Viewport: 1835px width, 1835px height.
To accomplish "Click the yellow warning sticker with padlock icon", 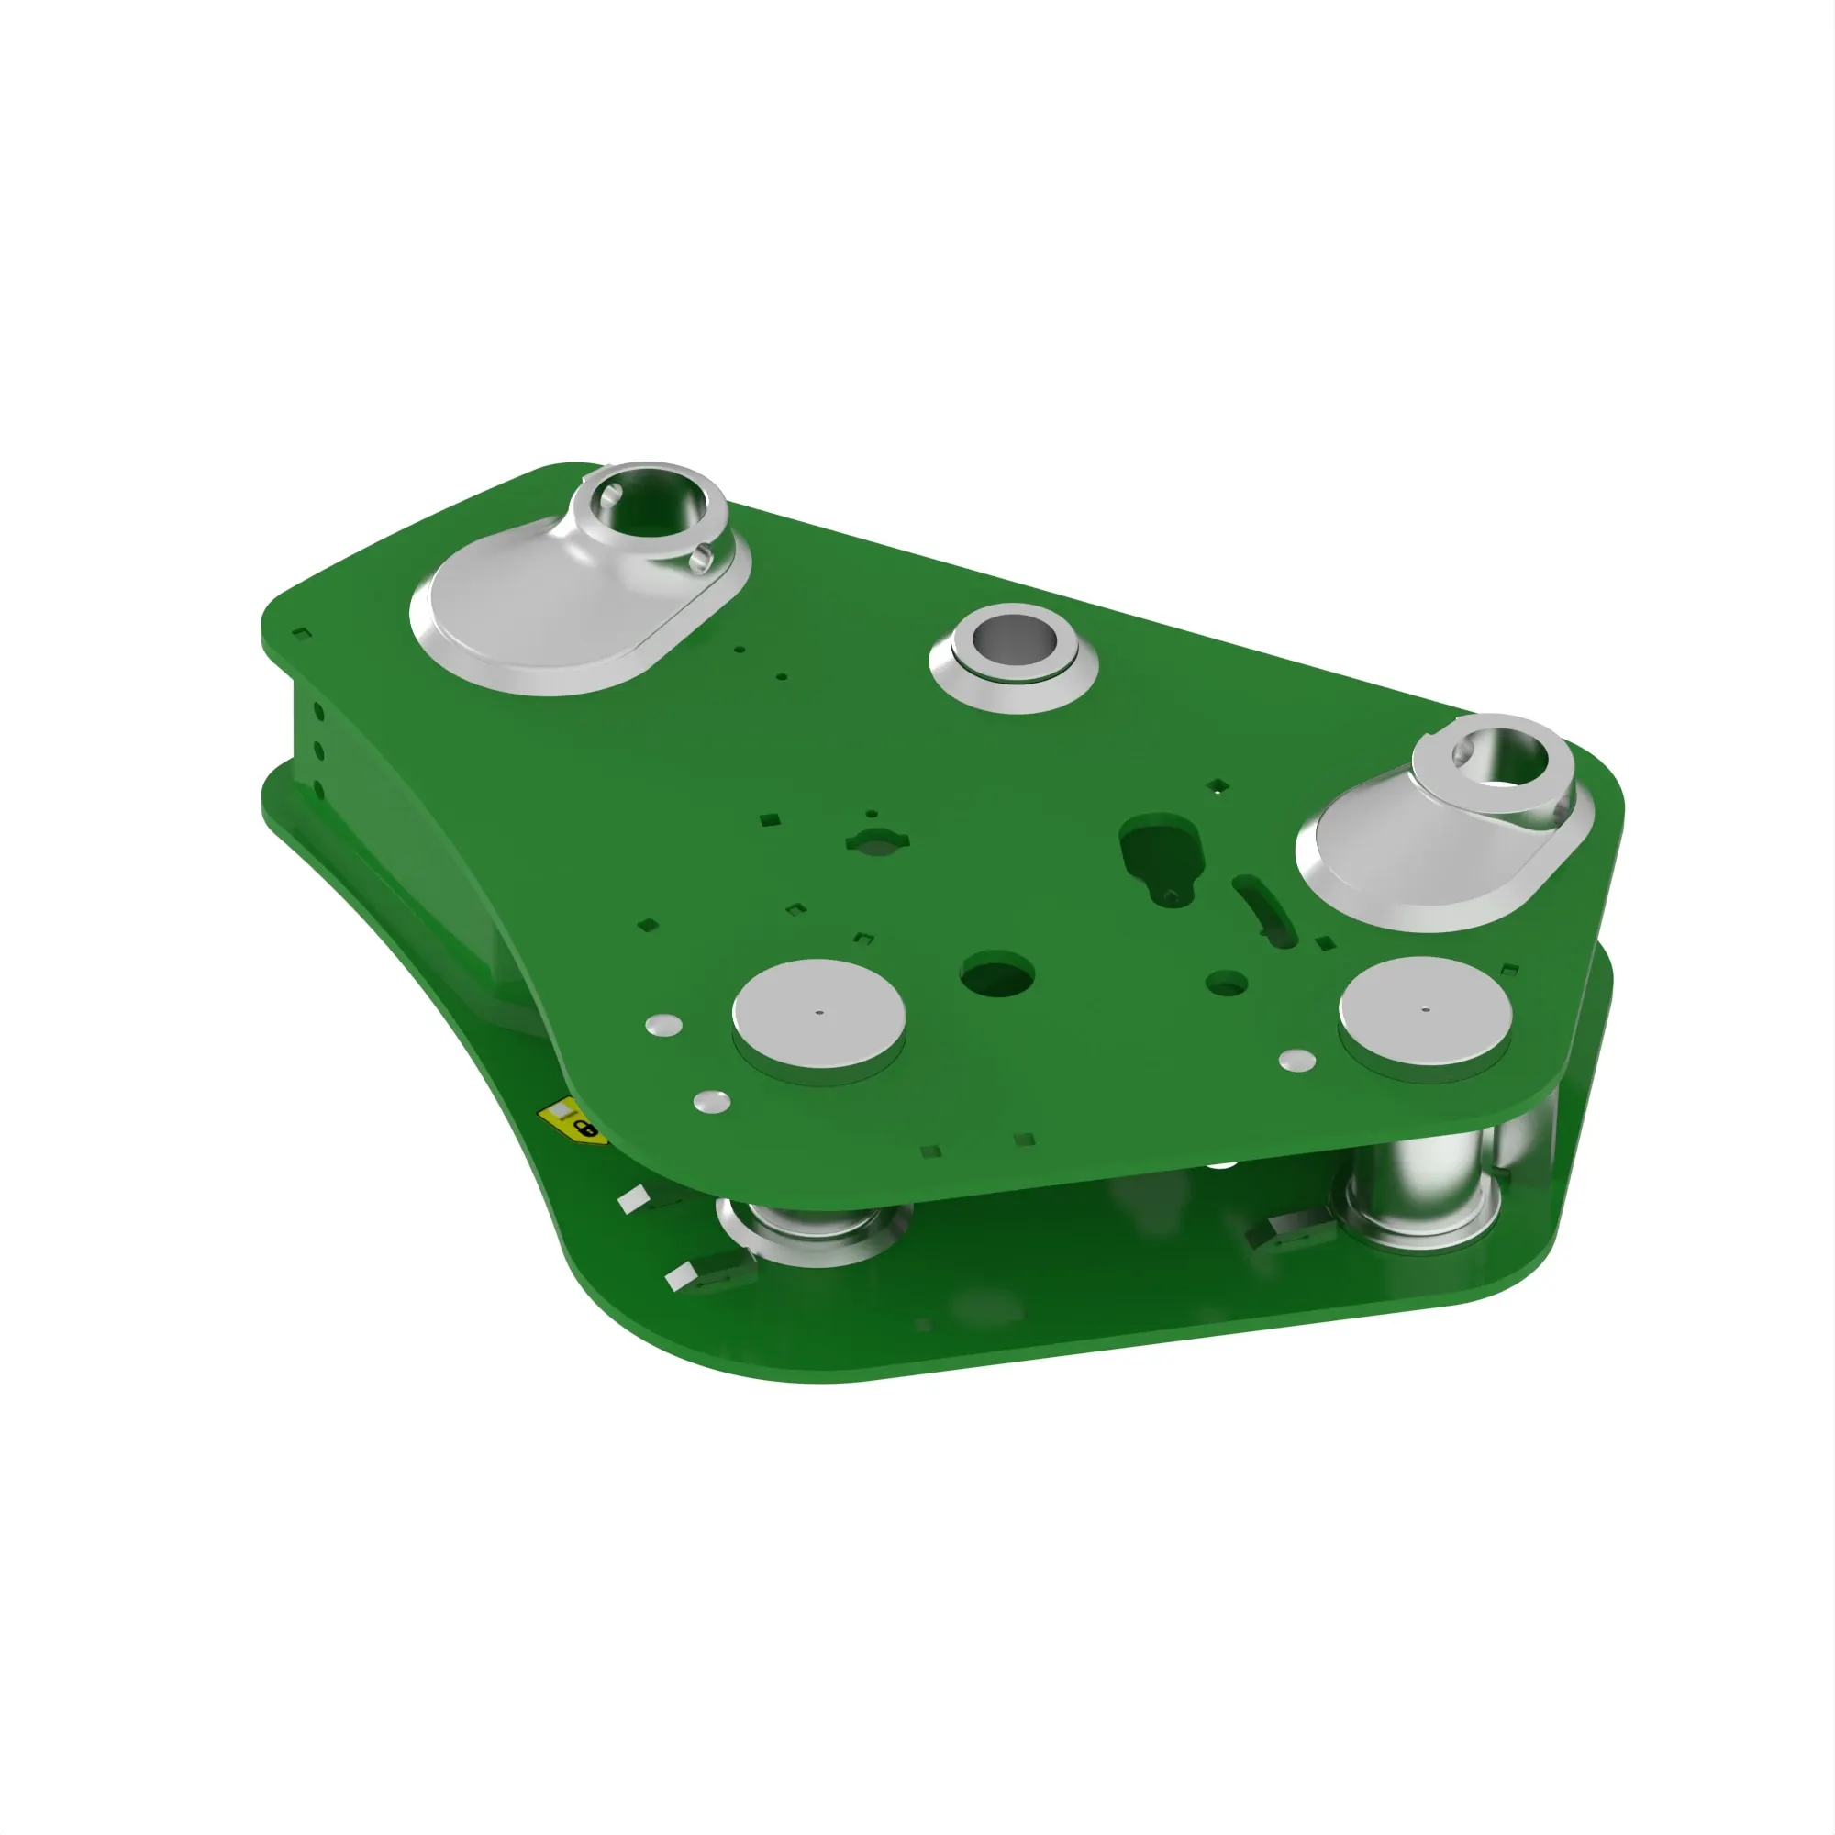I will coord(572,1118).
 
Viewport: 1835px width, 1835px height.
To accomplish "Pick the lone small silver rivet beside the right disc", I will coord(1297,1060).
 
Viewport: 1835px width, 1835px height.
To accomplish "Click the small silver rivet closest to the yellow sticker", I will coord(711,1102).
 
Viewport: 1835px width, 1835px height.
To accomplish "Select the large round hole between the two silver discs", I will coord(996,975).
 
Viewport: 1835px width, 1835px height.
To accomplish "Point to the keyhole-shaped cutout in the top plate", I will coord(1161,855).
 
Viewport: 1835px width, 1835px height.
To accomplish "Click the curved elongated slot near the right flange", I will coord(1263,910).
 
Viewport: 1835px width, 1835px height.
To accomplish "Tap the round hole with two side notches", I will coord(876,841).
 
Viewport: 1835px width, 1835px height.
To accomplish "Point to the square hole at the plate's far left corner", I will coord(302,633).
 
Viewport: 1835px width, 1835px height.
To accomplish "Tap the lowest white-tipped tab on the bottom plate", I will coord(680,1278).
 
